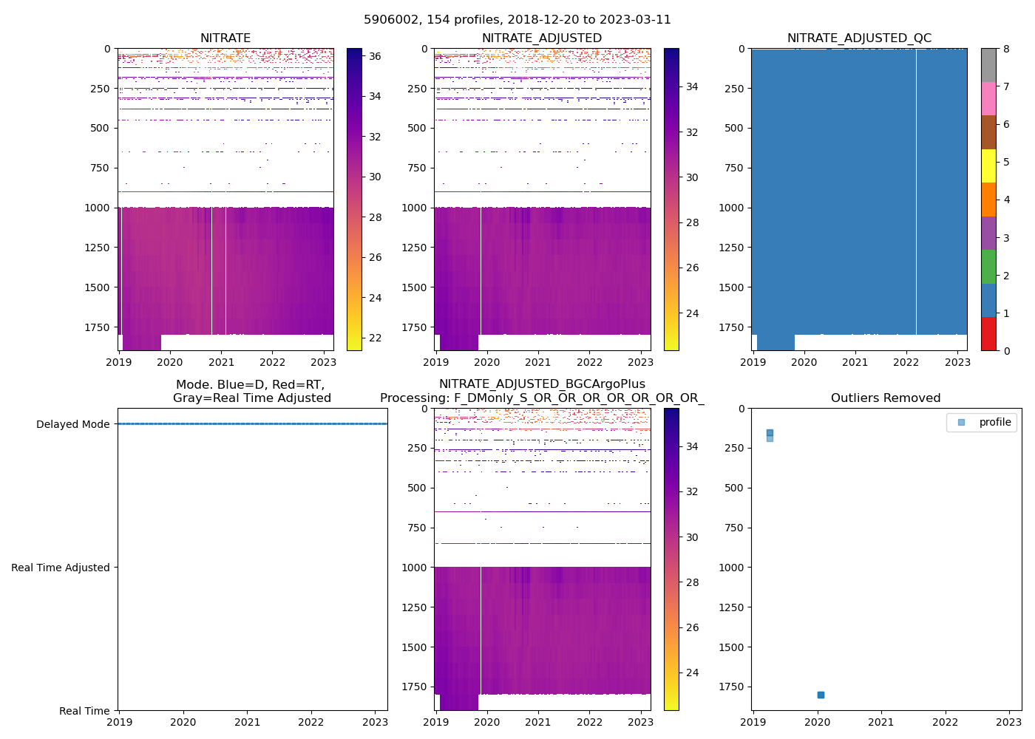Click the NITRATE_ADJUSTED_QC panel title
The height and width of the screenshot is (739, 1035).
tap(859, 38)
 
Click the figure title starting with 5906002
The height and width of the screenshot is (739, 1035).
tap(517, 20)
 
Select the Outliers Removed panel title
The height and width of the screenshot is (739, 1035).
tap(886, 398)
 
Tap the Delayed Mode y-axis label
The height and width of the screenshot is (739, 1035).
tap(72, 424)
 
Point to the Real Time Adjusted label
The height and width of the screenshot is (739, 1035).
tap(61, 568)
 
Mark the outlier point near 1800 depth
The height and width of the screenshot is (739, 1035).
tap(821, 695)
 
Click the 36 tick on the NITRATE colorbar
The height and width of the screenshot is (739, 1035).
tap(375, 56)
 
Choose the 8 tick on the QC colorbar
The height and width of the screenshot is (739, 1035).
tap(1006, 49)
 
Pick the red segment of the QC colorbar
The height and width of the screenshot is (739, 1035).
tap(988, 333)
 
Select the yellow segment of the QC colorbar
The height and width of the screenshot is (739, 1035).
tap(988, 166)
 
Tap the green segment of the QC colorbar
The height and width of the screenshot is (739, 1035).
tap(988, 267)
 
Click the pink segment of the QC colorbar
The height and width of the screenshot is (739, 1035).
tap(988, 98)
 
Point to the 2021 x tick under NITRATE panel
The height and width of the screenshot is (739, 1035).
tap(221, 362)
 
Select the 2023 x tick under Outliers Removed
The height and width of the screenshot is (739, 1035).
tap(1009, 722)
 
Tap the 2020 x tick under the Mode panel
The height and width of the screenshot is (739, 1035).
tap(183, 722)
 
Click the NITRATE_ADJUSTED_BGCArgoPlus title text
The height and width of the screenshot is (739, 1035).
tap(542, 384)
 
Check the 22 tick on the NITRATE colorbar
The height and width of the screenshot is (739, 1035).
tap(375, 338)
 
